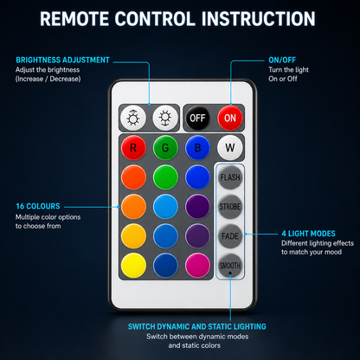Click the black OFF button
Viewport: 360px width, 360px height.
[x=197, y=118]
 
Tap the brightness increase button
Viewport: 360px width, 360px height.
[x=133, y=118]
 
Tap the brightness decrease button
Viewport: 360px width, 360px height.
[x=165, y=118]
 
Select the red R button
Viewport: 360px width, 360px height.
[x=133, y=148]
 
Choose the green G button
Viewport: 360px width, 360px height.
[x=165, y=148]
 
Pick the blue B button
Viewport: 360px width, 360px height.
[x=197, y=148]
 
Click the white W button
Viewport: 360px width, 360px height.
[x=230, y=148]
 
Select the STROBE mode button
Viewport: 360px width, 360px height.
[x=230, y=207]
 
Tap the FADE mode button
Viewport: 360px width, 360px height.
[x=230, y=236]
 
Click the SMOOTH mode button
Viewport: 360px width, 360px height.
[x=230, y=266]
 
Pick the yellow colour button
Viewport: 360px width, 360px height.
[x=133, y=266]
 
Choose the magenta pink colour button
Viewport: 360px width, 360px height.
[x=197, y=266]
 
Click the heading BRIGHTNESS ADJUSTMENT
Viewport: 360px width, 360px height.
[x=62, y=60]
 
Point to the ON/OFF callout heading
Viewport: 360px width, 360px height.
[x=282, y=60]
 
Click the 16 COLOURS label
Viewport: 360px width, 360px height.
[x=38, y=206]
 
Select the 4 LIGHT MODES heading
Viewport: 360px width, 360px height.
[x=308, y=234]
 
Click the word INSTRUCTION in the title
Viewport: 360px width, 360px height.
[x=259, y=19]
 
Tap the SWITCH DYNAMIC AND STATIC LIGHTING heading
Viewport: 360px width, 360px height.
[x=197, y=326]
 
